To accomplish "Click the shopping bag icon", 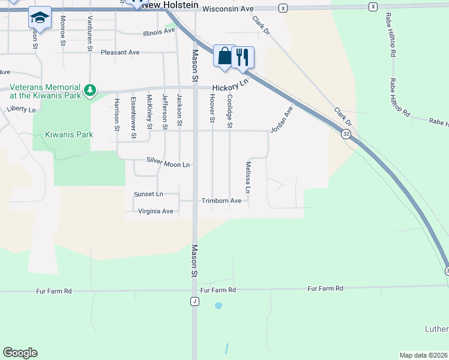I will tap(224, 56).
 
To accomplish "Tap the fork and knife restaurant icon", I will tap(243, 56).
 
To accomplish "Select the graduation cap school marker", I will tap(40, 19).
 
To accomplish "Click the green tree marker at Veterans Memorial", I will tap(90, 90).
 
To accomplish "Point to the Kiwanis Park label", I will tap(69, 134).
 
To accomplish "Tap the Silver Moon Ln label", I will tap(168, 163).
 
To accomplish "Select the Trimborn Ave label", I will tap(221, 200).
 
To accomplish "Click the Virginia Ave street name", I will tap(155, 211).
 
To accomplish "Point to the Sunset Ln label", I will tap(148, 194).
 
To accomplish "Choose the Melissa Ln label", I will tap(247, 178).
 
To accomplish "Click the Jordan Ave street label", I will tap(281, 120).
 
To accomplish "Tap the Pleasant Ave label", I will tap(120, 52).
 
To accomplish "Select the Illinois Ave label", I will tap(159, 32).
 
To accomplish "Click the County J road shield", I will tap(194, 301).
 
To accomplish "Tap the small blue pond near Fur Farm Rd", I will tap(218, 305).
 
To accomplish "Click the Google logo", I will tap(20, 353).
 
